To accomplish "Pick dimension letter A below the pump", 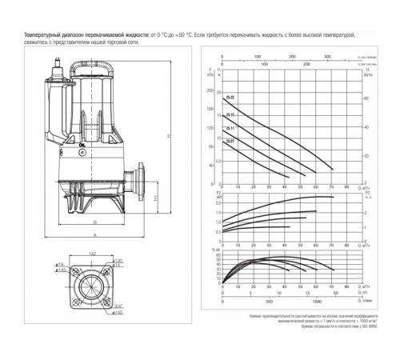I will [94, 236].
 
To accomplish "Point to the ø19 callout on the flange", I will [60, 262].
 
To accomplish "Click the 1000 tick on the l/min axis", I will [318, 302].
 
